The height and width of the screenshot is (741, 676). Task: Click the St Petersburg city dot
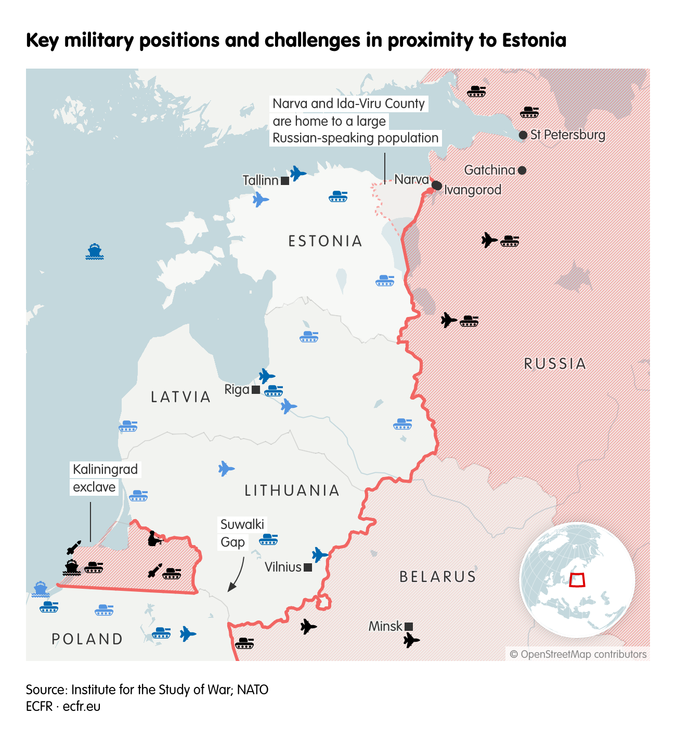click(523, 135)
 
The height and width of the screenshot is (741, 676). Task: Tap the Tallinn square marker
click(285, 181)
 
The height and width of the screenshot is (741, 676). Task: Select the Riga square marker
click(256, 390)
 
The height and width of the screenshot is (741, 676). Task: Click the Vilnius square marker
click(308, 567)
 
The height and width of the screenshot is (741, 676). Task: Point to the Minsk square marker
click(409, 627)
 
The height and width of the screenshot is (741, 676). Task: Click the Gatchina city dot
click(522, 170)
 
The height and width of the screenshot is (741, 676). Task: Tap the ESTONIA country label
click(326, 241)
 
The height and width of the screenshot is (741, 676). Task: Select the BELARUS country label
click(438, 577)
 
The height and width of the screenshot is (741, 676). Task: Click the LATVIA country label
click(181, 397)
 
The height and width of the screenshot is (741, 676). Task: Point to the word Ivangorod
click(473, 190)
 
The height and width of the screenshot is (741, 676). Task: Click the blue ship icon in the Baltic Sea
click(95, 252)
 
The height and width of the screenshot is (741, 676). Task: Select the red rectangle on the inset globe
click(577, 579)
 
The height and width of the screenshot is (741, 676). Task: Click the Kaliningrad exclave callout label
click(105, 478)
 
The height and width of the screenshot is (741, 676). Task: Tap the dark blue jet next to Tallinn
click(298, 173)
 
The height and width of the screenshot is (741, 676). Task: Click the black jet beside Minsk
click(411, 640)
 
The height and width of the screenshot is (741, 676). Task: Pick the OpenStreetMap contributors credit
click(578, 654)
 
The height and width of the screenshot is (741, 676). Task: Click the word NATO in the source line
click(253, 690)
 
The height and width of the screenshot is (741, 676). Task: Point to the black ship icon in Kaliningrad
click(72, 567)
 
